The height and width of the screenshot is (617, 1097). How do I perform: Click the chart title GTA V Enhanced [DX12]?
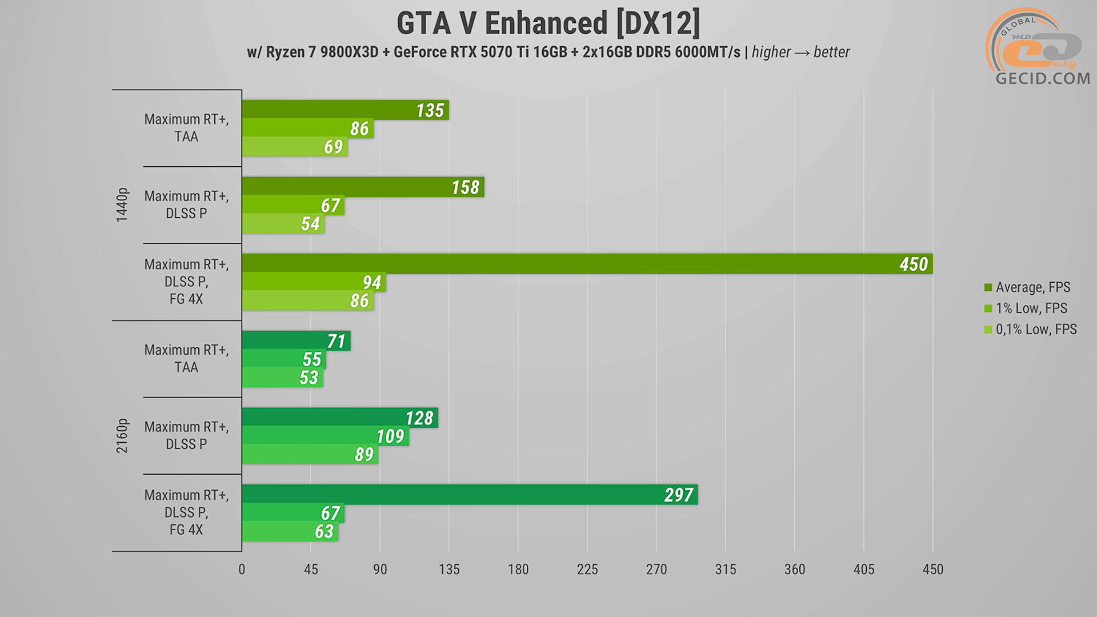[x=548, y=24]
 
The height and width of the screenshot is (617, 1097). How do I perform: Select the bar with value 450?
[x=587, y=264]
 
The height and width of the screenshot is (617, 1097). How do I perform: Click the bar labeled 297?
[x=469, y=495]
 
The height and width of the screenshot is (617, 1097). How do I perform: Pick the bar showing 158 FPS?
[x=363, y=187]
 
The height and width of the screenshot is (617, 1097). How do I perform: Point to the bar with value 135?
[x=345, y=110]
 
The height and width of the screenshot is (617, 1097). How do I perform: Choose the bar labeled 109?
[x=325, y=436]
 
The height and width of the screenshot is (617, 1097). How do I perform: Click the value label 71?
[x=337, y=341]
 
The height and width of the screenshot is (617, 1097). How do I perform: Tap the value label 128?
[x=419, y=418]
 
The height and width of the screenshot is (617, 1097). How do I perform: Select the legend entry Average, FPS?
[x=1032, y=287]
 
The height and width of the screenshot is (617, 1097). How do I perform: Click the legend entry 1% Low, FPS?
[x=1031, y=308]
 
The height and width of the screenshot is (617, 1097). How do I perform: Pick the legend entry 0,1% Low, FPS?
[x=1035, y=330]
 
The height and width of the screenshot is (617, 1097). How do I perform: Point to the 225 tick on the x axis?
[x=587, y=570]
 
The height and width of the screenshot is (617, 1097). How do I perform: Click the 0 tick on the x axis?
[x=242, y=570]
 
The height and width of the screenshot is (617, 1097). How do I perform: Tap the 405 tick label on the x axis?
[x=864, y=570]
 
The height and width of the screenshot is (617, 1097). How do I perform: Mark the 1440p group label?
[x=122, y=205]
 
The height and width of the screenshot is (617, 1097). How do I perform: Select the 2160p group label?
[x=122, y=436]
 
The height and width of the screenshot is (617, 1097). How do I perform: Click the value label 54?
[x=310, y=224]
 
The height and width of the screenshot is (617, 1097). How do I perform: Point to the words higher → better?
[x=800, y=53]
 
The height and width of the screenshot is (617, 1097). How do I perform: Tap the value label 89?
[x=364, y=455]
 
